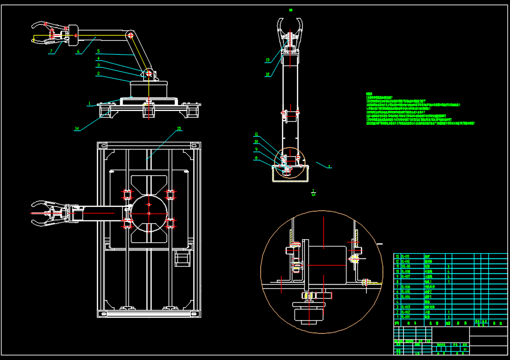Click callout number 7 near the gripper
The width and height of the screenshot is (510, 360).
[51, 51]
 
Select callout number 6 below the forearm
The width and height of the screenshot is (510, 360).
[78, 51]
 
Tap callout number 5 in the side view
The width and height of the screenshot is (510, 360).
[98, 51]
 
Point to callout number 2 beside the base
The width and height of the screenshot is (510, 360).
[97, 73]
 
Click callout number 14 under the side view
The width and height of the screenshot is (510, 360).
[77, 128]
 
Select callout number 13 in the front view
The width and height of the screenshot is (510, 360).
[268, 60]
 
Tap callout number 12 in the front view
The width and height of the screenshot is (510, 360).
[268, 74]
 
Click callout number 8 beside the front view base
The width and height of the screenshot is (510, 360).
[256, 158]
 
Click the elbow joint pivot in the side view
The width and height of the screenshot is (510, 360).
[131, 36]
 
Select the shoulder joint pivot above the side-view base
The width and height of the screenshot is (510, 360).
[149, 73]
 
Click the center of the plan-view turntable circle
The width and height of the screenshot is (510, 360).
[149, 213]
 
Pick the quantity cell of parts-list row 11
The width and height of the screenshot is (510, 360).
[448, 266]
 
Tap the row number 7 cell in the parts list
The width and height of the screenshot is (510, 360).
[397, 286]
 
